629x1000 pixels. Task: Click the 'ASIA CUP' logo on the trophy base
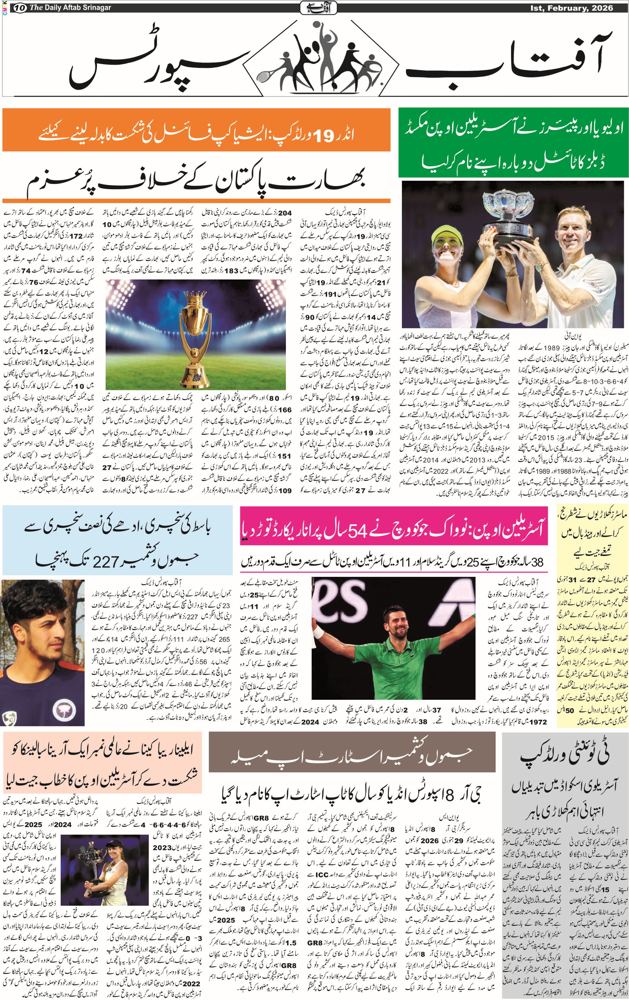click(x=194, y=378)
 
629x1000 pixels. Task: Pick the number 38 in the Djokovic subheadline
click(x=537, y=562)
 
